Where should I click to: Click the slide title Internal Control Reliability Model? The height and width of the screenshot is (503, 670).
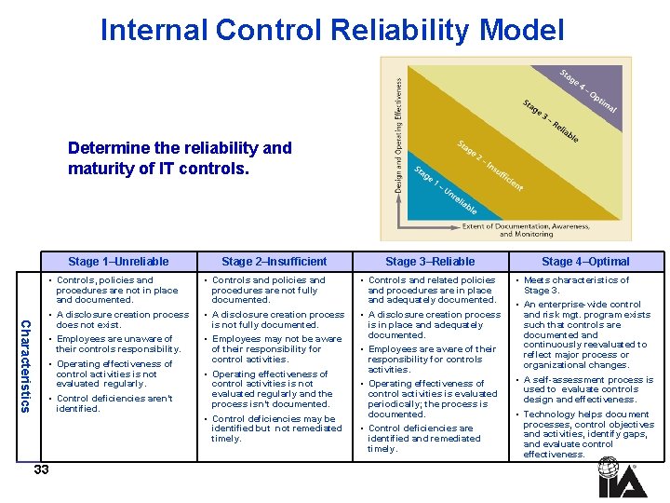coord(332,31)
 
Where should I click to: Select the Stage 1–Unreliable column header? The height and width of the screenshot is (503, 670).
coord(118,262)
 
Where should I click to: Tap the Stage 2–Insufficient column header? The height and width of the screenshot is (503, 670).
coord(275,262)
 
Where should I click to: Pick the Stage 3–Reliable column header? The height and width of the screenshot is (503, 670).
coord(430,262)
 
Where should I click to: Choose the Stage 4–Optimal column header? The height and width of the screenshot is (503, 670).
coord(585,262)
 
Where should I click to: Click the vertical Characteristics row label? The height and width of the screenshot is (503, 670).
coord(27,366)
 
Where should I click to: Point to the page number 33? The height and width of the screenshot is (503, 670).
coord(41,469)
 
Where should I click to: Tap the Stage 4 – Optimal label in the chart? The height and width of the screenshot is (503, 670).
coord(587,91)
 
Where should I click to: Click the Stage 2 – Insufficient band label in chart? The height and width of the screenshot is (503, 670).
coord(490,165)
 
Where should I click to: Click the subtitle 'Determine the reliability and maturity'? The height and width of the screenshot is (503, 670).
coord(180,158)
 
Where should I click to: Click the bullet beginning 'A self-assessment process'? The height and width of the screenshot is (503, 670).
coord(586,389)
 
